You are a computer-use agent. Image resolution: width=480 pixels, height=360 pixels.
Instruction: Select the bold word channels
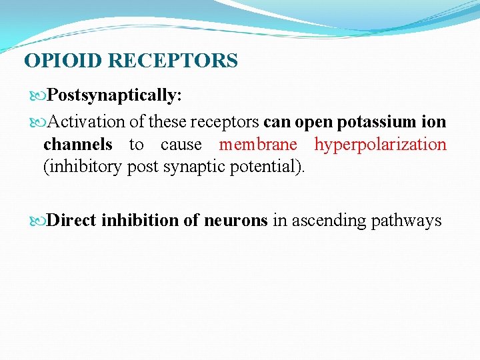click(77, 144)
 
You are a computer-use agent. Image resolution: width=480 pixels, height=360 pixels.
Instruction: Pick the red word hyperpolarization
click(381, 144)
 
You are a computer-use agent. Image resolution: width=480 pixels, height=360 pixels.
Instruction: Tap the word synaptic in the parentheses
click(192, 166)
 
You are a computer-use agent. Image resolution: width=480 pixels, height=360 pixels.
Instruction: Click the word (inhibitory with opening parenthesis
click(83, 166)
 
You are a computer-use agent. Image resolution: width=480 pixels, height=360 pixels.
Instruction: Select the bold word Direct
click(73, 220)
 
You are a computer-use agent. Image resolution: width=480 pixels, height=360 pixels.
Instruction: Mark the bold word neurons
click(237, 220)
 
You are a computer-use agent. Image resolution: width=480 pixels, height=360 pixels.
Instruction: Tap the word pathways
click(408, 220)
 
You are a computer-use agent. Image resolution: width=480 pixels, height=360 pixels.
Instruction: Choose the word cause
click(181, 144)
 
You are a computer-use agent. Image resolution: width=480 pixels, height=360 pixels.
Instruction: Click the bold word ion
click(434, 122)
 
